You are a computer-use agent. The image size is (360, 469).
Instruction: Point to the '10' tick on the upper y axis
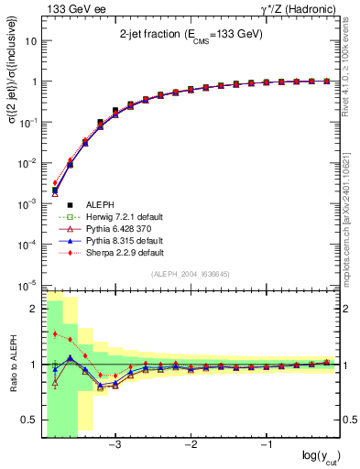[31, 41]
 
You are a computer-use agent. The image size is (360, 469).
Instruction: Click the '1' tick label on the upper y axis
[34, 82]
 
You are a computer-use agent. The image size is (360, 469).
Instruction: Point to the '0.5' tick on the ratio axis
[29, 420]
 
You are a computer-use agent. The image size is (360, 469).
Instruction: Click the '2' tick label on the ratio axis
[34, 309]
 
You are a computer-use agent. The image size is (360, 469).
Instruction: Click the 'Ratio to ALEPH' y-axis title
[12, 364]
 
